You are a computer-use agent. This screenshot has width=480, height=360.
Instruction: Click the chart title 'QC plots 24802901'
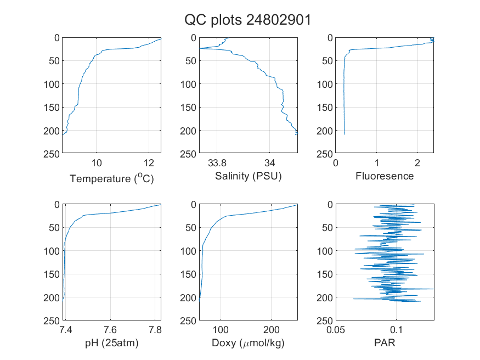(x=247, y=20)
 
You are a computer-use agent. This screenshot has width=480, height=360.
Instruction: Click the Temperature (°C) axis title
(x=112, y=178)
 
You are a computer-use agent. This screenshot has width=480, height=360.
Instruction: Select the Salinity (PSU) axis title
(x=249, y=176)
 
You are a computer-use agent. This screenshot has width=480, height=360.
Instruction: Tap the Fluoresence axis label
(x=385, y=176)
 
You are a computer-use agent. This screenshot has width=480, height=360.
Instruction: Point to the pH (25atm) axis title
(x=112, y=343)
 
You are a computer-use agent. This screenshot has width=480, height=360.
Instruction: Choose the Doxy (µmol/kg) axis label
(x=249, y=343)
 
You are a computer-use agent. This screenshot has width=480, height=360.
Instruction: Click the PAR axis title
(x=385, y=342)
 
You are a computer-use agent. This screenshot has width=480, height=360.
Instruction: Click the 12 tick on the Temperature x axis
(x=149, y=163)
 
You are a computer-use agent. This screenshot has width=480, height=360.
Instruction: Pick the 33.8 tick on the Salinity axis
(x=217, y=163)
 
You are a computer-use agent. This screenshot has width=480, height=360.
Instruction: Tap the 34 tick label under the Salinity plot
(x=270, y=163)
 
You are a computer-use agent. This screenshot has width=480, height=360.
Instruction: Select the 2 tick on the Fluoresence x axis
(x=417, y=163)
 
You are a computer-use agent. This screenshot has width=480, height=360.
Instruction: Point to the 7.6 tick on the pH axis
(x=110, y=330)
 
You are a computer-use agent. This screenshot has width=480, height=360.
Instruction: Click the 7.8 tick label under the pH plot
(x=155, y=330)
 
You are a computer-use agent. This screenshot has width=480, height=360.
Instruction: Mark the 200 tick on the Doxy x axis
(x=272, y=330)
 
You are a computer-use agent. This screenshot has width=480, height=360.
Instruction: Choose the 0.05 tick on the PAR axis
(x=336, y=330)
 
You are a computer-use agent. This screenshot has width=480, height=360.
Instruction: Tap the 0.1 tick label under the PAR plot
(x=396, y=330)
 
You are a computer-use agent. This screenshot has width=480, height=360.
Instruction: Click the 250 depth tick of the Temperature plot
(x=52, y=154)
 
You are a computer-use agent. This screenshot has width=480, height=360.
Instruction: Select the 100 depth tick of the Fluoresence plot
(x=325, y=84)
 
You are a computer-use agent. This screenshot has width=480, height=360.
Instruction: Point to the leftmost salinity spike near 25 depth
(x=200, y=48)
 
